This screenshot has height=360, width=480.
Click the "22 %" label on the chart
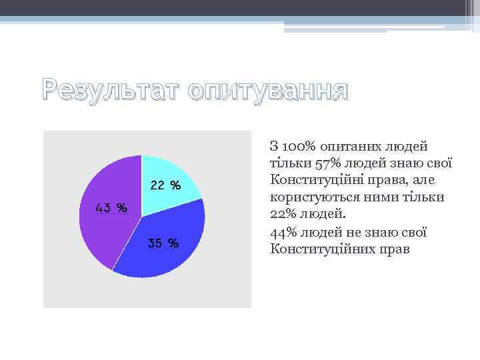tap(165, 185)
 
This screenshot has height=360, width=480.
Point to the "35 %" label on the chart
tap(163, 244)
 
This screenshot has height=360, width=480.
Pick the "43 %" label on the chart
tap(111, 207)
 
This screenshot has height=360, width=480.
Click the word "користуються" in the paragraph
tap(313, 197)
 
